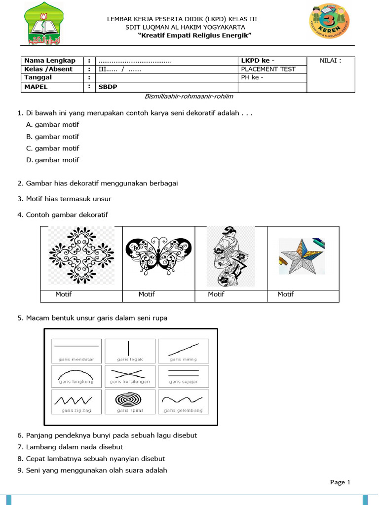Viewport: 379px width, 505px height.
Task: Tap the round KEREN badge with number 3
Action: click(330, 21)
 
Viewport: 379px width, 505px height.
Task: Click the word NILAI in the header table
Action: click(330, 61)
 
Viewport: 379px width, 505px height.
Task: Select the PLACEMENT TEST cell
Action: click(268, 69)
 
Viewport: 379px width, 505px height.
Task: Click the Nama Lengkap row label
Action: click(50, 61)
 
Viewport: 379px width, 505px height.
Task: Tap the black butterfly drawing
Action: click(158, 255)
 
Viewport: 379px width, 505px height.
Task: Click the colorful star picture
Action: click(302, 256)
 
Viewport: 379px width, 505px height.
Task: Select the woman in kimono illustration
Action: click(230, 256)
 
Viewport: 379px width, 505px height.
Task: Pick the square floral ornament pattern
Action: click(81, 255)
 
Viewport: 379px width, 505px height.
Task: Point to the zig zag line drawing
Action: click(76, 399)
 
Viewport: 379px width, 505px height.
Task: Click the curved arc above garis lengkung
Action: click(76, 375)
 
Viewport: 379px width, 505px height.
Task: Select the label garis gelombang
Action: click(183, 410)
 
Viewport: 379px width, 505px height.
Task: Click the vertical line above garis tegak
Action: click(129, 348)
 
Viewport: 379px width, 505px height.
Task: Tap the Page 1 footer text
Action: click(340, 482)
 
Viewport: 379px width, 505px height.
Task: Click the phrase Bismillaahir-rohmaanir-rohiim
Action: click(189, 97)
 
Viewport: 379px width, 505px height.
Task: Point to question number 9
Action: click(20, 470)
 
